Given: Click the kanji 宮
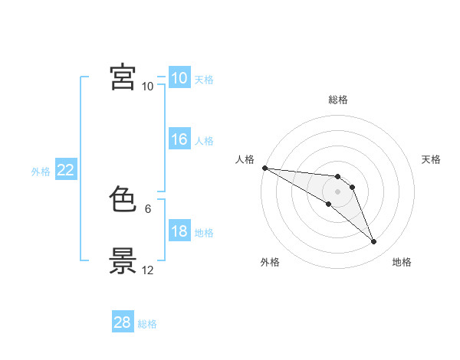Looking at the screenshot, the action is tap(123, 77).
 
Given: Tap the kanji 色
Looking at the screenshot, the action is tap(123, 198).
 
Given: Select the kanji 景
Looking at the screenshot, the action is tap(123, 260).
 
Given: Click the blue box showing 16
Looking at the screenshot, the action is tap(179, 139).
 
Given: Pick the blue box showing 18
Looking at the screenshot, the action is tap(179, 230).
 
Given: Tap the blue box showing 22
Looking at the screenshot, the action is tap(66, 169).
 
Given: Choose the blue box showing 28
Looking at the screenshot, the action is tap(123, 321).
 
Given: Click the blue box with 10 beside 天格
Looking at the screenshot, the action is tap(179, 77).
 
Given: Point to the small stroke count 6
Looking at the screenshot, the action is tap(148, 209).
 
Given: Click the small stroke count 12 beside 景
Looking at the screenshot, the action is tap(147, 270).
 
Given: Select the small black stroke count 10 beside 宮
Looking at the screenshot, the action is tap(147, 87).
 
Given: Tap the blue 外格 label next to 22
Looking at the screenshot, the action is tap(41, 172).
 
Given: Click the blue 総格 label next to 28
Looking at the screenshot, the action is tap(147, 324).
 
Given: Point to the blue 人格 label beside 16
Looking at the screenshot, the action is tap(204, 141).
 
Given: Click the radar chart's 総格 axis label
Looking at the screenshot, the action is tap(338, 100).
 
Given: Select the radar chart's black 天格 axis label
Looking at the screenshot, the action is tap(431, 159).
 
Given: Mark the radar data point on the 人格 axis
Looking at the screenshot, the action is tap(265, 168).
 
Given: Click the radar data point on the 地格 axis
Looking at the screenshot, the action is tap(374, 242).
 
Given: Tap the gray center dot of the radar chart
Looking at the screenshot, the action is tap(337, 191).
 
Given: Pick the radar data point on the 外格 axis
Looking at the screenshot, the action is tap(329, 204).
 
